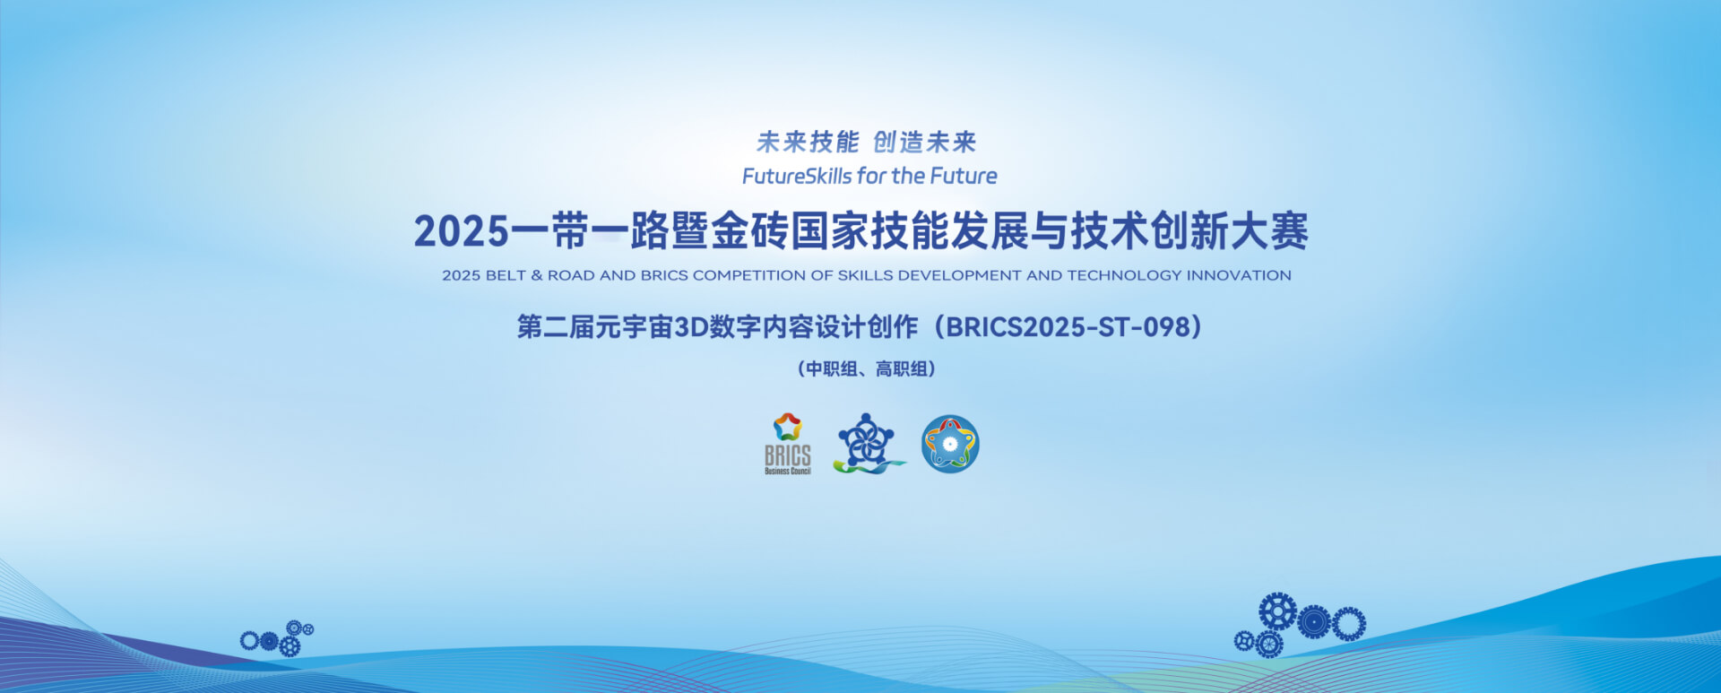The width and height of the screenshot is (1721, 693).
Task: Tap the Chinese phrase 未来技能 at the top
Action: [x=808, y=142]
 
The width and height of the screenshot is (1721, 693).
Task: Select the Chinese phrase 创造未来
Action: [x=925, y=142]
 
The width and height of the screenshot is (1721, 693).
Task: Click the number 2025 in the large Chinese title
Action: [x=462, y=231]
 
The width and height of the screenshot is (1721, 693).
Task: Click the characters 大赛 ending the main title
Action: [x=1269, y=231]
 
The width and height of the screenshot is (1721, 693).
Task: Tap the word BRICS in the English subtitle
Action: [x=664, y=275]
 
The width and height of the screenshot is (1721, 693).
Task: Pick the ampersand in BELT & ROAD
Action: [x=537, y=275]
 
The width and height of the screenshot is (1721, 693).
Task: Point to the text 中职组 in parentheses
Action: [x=832, y=368]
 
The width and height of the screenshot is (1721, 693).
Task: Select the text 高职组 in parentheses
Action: [x=902, y=368]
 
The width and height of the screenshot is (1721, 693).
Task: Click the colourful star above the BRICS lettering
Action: [x=787, y=427]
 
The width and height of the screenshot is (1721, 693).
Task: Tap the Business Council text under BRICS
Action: [x=788, y=471]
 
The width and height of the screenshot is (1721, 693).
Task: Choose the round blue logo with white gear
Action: [x=950, y=444]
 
